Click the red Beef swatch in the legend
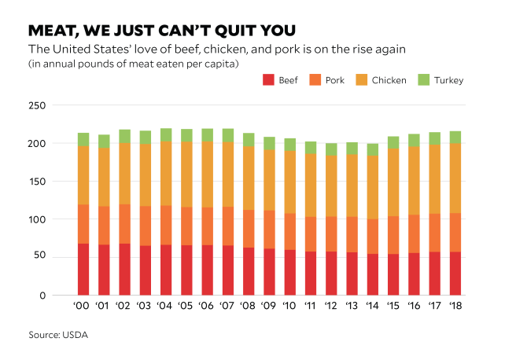267,80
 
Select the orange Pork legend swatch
314,80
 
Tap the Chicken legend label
389,80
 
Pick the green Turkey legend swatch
422,80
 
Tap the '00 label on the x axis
83,306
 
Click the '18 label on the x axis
454,306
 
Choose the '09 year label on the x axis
268,306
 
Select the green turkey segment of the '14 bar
372,149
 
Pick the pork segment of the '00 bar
83,224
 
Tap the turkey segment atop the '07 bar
227,135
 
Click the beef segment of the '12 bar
330,273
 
